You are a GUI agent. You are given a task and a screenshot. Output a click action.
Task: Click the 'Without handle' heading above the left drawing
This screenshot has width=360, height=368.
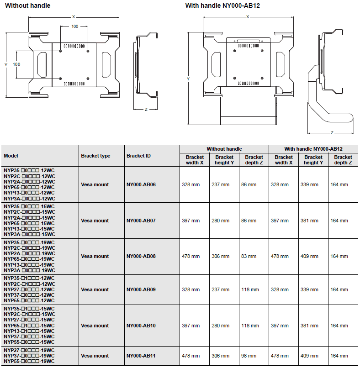point(28,5)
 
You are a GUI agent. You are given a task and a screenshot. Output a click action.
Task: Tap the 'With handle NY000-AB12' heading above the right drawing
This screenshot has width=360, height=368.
point(222,5)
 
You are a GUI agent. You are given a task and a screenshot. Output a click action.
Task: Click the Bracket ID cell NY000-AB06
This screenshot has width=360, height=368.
point(141,184)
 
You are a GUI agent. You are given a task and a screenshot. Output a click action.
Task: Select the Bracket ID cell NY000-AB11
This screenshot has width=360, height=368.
point(141,356)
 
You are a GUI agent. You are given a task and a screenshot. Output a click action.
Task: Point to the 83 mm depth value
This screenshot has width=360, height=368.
point(249,256)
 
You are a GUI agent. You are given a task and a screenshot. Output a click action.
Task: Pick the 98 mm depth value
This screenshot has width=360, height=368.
point(249,356)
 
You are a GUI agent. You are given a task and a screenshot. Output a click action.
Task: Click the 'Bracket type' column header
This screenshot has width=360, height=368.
point(95,156)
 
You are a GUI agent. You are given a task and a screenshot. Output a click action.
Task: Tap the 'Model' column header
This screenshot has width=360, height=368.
point(11,156)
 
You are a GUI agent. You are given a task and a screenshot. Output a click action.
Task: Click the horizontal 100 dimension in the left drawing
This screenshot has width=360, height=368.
point(74,26)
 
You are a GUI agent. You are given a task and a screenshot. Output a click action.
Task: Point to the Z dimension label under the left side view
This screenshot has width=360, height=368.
point(146,110)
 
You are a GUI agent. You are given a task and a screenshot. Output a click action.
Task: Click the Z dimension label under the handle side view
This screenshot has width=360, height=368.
point(332,133)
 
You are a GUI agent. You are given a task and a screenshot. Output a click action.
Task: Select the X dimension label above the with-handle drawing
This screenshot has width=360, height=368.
point(248,16)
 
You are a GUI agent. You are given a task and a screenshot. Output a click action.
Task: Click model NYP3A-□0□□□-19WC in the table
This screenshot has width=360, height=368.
point(29,270)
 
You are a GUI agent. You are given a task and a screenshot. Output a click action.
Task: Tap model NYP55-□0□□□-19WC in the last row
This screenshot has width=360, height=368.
point(29,362)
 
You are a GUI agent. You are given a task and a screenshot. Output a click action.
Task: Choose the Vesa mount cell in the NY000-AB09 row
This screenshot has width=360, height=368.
point(95,289)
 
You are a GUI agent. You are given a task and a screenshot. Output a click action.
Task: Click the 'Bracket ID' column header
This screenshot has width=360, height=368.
point(138,156)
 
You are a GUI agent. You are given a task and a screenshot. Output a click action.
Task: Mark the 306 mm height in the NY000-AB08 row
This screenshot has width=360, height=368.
point(220,256)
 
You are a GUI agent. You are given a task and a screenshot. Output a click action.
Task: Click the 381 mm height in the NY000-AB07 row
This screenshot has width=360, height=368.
point(309,221)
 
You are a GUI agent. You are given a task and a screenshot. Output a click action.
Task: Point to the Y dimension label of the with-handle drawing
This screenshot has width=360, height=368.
point(188,79)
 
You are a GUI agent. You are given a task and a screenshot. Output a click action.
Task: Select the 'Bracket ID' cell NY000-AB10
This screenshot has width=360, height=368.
point(141,326)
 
